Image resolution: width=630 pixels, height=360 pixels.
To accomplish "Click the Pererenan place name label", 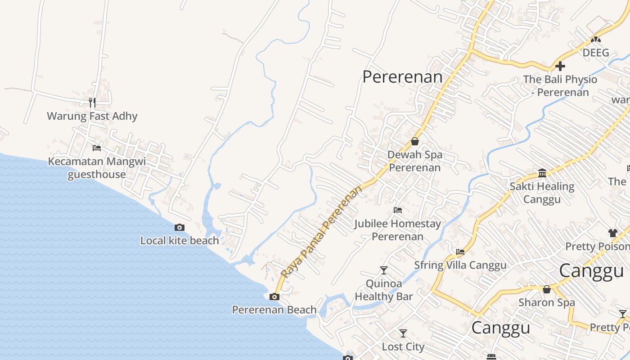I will point(402,77).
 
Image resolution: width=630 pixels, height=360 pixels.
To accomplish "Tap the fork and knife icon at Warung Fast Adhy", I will point(92,103).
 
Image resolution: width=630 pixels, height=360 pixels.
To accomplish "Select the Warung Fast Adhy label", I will point(92,116).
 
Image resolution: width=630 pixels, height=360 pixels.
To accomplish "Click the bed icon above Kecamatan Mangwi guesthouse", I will point(97,148).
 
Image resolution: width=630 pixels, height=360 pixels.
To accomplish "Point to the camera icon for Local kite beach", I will point(180,227).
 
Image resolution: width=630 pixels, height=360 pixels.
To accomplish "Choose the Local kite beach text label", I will point(180,240).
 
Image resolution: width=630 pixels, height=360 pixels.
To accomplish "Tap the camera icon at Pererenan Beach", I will point(274,297).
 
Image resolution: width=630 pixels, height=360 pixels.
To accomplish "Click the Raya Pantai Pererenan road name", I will point(321,232).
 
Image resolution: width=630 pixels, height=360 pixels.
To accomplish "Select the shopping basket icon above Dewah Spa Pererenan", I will point(415,141).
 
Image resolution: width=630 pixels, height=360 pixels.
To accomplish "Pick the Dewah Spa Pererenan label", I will point(415,161).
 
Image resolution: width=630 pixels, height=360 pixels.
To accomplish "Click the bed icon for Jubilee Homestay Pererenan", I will point(397,210).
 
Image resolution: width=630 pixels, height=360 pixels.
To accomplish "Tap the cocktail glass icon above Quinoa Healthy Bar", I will point(383,270).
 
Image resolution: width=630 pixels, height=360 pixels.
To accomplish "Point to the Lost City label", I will point(403,347).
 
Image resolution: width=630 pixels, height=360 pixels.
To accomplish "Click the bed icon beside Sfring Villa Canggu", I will point(460,252).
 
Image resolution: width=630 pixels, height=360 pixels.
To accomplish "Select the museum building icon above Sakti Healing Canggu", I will point(542,173).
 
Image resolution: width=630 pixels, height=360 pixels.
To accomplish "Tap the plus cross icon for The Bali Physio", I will point(560,66).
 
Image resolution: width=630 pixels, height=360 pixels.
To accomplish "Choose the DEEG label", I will point(596,53).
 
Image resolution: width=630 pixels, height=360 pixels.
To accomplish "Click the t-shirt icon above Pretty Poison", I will point(613,233).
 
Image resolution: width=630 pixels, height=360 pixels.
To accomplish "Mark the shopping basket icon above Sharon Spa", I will point(547,289).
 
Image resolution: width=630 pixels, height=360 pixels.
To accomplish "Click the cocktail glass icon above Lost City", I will point(403,333).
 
